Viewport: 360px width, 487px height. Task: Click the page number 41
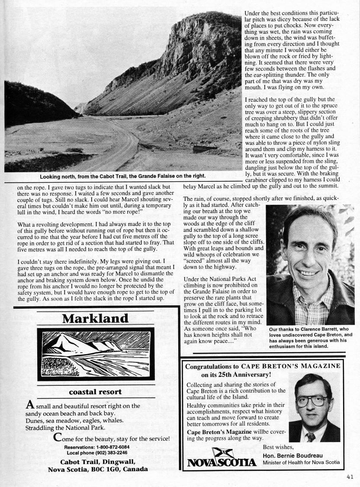point(350,477)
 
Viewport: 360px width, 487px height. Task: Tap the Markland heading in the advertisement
point(96,319)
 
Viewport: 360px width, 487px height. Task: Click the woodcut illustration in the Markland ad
point(96,352)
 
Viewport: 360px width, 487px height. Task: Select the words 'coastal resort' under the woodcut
point(96,393)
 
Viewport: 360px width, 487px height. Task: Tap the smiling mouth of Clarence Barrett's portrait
point(309,273)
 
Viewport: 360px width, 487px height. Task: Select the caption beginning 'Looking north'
point(122,176)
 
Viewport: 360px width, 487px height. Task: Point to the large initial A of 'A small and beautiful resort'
point(30,405)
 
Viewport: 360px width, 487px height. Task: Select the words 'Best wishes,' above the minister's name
point(278,447)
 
